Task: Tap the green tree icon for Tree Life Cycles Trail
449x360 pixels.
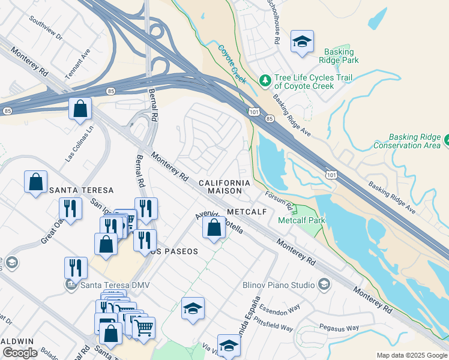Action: (265, 80)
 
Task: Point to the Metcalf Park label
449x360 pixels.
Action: (301, 221)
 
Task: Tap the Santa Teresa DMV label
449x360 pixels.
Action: (103, 284)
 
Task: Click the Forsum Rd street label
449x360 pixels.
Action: (280, 201)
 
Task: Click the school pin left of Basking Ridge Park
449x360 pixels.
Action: (302, 42)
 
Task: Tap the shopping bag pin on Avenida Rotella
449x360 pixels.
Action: (214, 228)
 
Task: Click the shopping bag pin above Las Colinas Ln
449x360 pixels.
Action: (80, 109)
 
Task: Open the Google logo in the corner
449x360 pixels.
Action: (20, 352)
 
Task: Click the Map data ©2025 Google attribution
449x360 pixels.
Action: (411, 355)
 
